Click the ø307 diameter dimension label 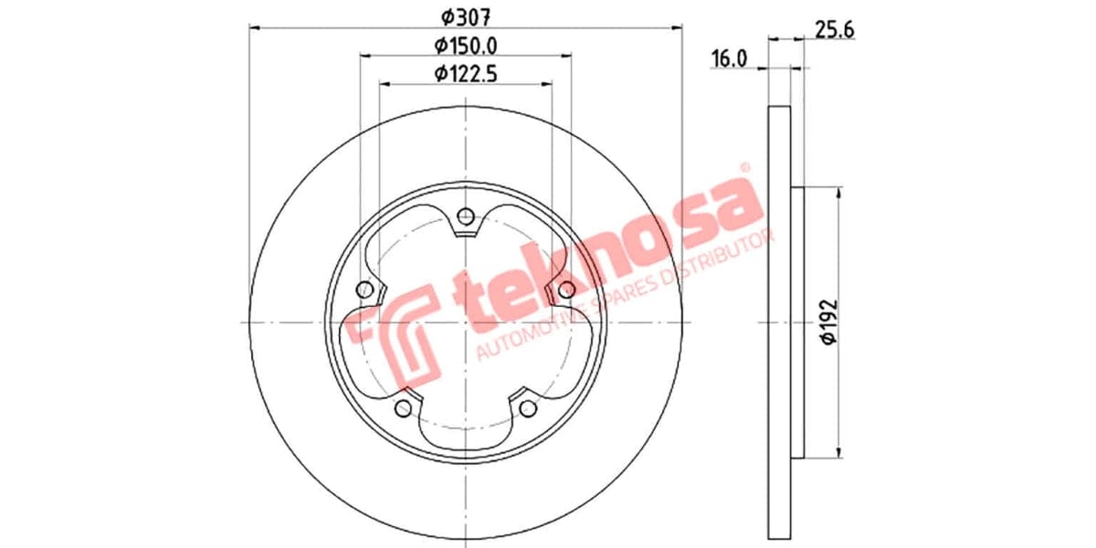466,15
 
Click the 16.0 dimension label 729,59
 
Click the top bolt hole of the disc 466,216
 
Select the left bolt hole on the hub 365,290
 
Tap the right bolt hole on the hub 566,290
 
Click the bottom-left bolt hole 404,407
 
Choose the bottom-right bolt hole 527,407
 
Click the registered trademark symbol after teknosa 744,168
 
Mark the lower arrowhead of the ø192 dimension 838,452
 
